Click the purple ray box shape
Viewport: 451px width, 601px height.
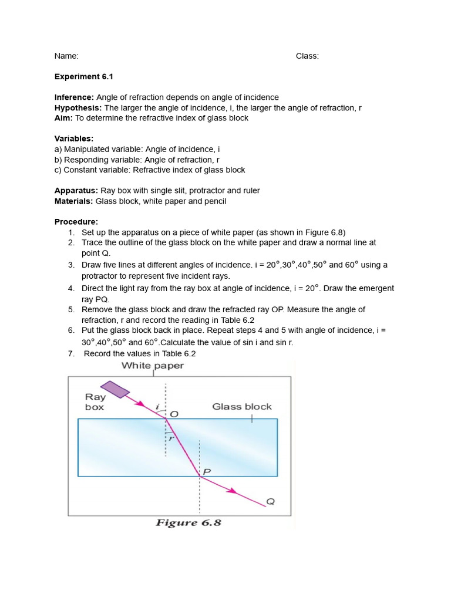[115, 390]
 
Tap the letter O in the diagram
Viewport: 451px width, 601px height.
[174, 414]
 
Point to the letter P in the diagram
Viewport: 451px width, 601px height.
[206, 471]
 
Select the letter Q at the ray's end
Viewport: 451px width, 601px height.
[270, 502]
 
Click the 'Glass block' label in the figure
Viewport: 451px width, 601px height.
[242, 407]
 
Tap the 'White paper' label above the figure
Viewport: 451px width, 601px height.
[153, 366]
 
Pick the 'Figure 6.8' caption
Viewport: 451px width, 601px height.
[188, 522]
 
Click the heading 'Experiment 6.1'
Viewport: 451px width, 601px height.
[79, 76]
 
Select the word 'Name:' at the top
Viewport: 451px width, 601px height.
[66, 56]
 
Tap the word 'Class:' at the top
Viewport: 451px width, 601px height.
[307, 56]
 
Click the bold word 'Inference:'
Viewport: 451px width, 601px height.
[74, 97]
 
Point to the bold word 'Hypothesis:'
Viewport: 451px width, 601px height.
[78, 107]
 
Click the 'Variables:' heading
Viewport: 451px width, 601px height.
[74, 139]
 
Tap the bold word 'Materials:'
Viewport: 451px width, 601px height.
[74, 201]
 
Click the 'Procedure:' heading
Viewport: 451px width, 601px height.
[76, 222]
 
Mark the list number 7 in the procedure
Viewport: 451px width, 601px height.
[70, 353]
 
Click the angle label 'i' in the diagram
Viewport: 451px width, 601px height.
[157, 405]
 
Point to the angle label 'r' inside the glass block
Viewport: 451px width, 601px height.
[172, 437]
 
